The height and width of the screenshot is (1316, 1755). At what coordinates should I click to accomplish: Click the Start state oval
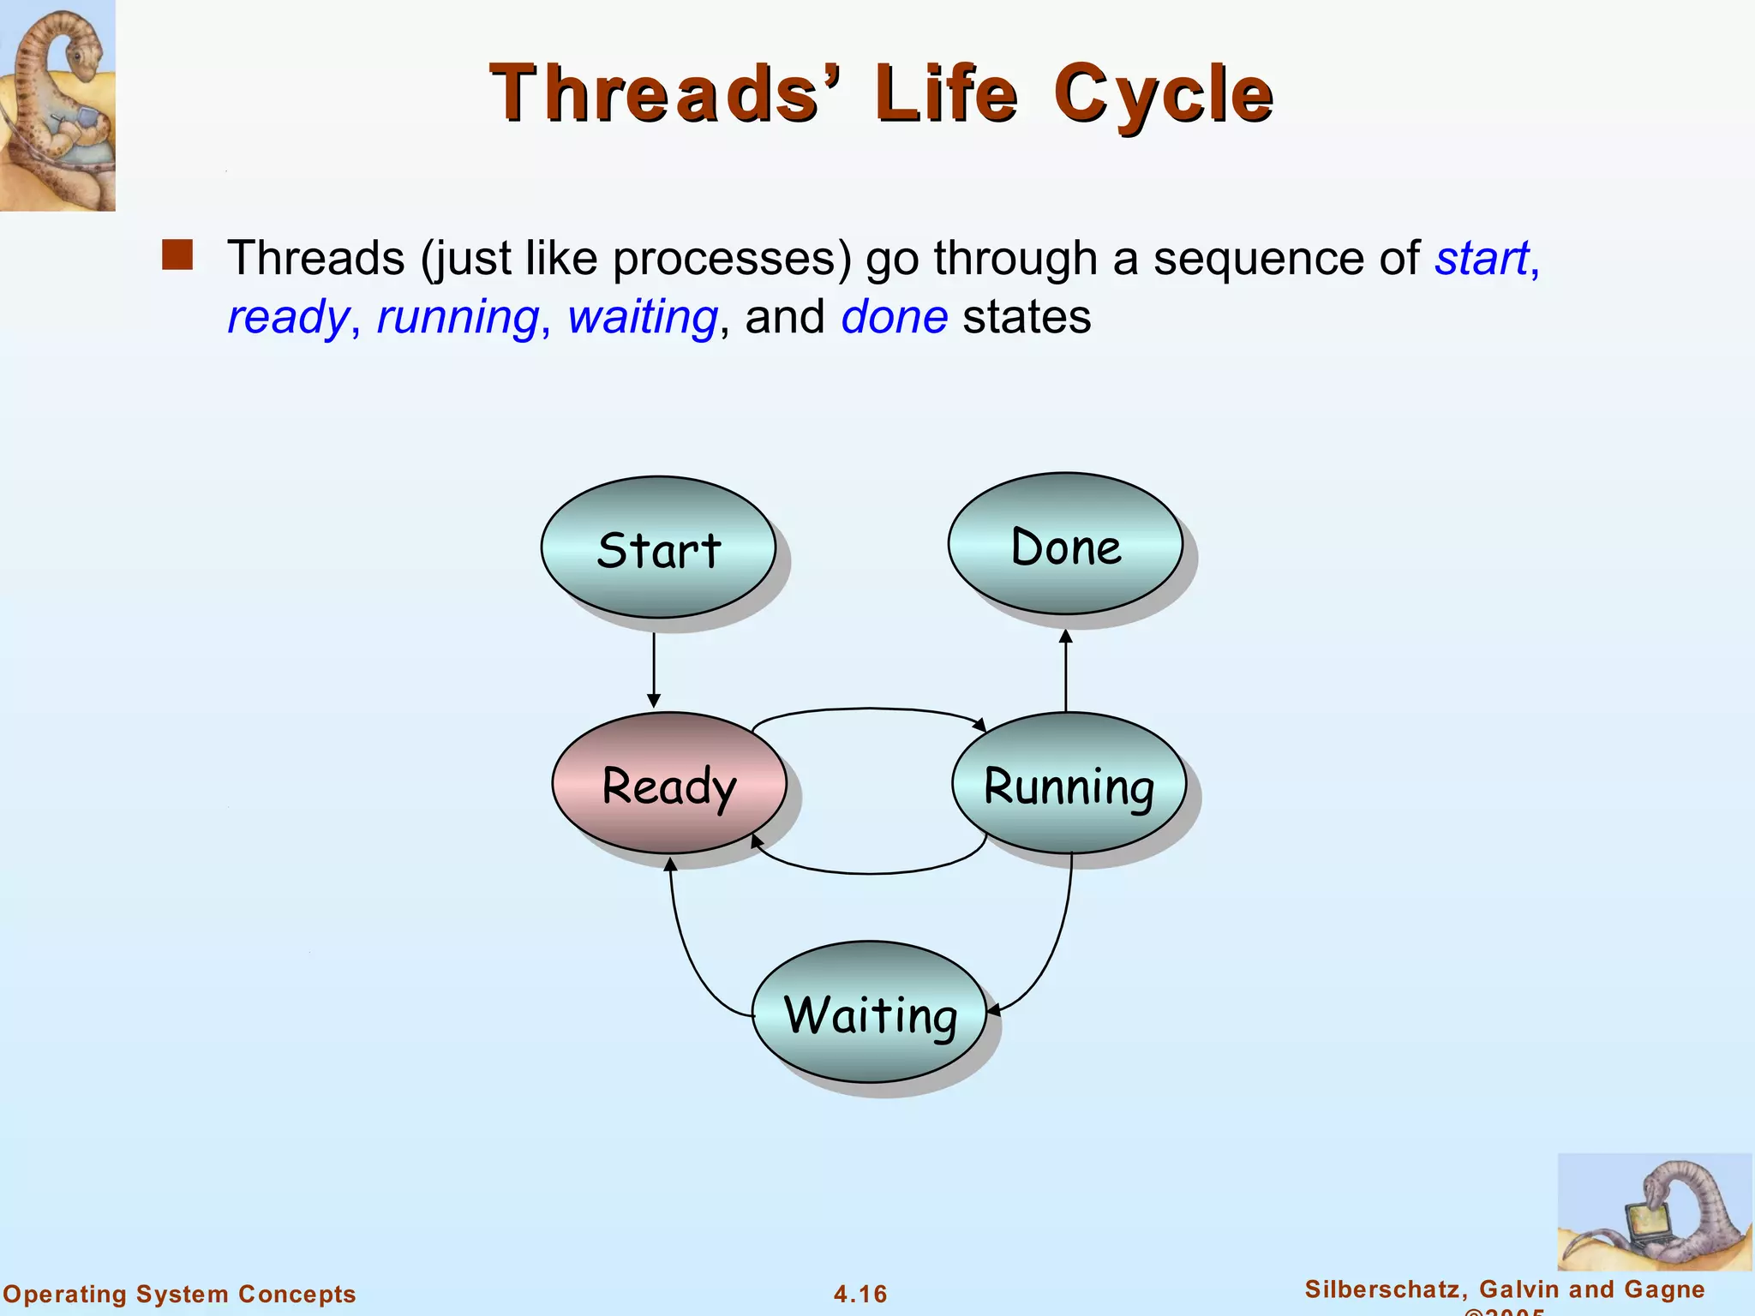658,547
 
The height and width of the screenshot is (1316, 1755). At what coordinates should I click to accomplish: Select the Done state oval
1065,544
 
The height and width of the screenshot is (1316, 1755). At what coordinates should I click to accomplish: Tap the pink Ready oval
669,783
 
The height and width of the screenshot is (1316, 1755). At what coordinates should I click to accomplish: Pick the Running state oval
1069,783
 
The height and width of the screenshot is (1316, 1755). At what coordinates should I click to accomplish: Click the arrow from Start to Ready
654,669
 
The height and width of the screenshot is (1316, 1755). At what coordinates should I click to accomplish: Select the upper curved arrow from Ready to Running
870,709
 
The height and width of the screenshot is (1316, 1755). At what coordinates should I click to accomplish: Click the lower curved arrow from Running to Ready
870,873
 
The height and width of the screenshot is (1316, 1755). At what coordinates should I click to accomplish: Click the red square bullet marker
177,255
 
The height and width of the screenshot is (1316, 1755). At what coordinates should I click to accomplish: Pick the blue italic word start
1482,258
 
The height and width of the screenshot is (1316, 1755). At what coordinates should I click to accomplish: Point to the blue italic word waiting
642,317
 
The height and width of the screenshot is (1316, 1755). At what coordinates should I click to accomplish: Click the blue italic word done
894,317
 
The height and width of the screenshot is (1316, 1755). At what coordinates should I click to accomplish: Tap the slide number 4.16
860,1294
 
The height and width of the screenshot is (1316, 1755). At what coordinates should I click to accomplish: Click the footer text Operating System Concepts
179,1294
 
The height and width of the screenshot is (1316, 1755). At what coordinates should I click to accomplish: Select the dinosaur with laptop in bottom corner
1653,1212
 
